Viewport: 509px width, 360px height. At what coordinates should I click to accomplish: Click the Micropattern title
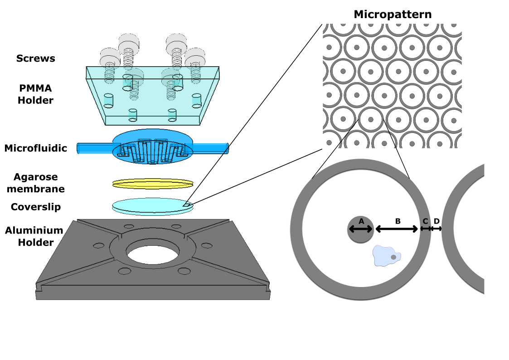[x=393, y=15]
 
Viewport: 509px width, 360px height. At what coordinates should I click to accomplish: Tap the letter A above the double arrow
[x=361, y=221]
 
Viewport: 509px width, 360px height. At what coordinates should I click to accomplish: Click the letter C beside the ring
[x=425, y=221]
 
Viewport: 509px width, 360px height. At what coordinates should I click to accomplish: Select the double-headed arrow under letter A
[x=361, y=229]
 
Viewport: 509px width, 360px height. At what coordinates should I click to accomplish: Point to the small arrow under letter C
[x=425, y=229]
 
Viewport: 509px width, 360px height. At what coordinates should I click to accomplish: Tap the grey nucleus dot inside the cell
[x=393, y=257]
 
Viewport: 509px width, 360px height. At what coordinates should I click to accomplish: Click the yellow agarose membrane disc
[x=153, y=184]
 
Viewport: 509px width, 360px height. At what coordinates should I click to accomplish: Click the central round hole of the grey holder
[x=152, y=254]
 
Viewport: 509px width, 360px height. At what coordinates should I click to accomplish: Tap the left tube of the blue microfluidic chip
[x=93, y=148]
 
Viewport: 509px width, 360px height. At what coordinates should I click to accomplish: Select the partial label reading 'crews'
[x=41, y=58]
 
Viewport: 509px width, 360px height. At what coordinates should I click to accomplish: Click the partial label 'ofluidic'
[x=47, y=148]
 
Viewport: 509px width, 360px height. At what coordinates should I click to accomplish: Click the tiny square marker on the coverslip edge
[x=186, y=204]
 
